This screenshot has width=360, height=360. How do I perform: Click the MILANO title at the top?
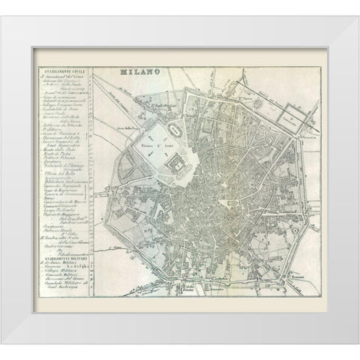(136, 73)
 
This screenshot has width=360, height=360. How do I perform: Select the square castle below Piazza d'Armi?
(175, 162)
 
